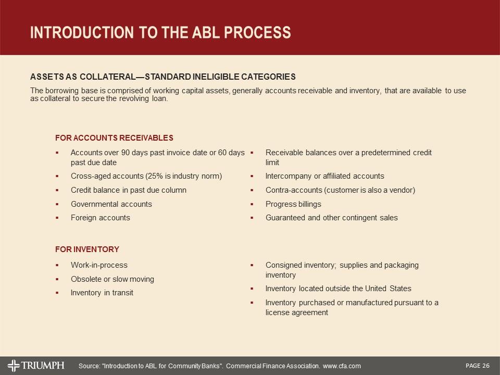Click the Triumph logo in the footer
pyautogui.click(x=36, y=365)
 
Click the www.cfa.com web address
pyautogui.click(x=342, y=367)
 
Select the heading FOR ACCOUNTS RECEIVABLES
pyautogui.click(x=114, y=138)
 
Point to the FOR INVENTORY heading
pyautogui.click(x=87, y=249)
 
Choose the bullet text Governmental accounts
pyautogui.click(x=111, y=204)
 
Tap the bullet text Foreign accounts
pyautogui.click(x=100, y=218)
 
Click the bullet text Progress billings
pyautogui.click(x=293, y=204)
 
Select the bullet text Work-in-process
pyautogui.click(x=99, y=265)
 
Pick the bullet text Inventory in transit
pyautogui.click(x=102, y=293)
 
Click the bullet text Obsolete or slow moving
pyautogui.click(x=112, y=279)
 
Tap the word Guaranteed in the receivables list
pyautogui.click(x=285, y=218)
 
